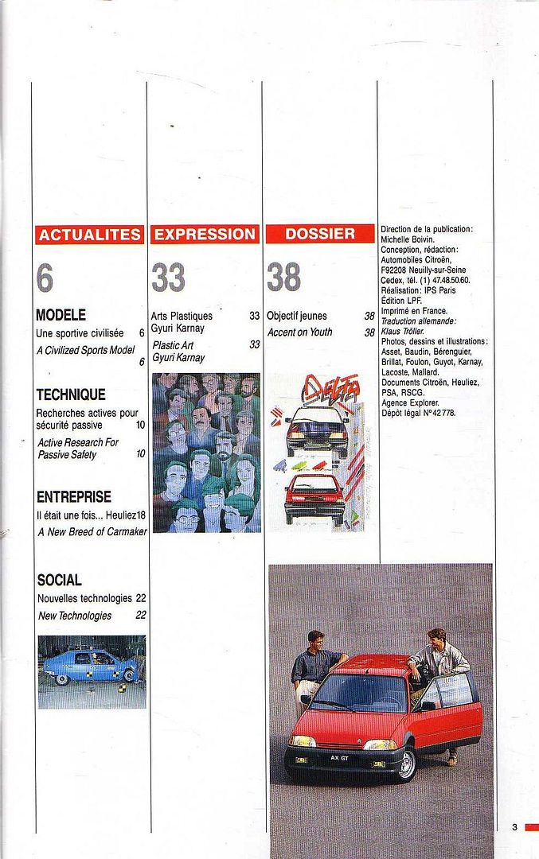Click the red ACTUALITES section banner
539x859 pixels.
[x=90, y=235]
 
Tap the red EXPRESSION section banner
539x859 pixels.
[x=205, y=235]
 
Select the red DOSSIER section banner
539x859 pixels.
[x=320, y=235]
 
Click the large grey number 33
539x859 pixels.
[x=168, y=278]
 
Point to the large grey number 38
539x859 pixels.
[x=284, y=278]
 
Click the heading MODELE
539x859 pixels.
[x=61, y=315]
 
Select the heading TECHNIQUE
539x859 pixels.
[x=71, y=395]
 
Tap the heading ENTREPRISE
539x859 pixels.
[x=74, y=497]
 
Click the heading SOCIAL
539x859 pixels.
[x=59, y=580]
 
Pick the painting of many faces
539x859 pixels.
[x=206, y=452]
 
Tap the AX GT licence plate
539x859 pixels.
[x=340, y=758]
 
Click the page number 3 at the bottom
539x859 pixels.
[x=514, y=827]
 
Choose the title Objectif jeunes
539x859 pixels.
[x=297, y=316]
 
